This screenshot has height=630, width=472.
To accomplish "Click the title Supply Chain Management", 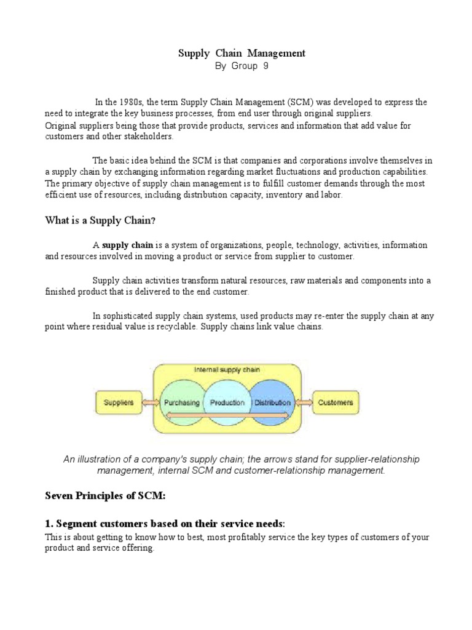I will pos(242,54).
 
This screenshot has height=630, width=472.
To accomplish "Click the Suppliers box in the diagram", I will pos(119,403).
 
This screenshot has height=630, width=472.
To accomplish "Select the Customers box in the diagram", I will pos(336,403).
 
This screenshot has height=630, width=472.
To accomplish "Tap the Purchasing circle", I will pos(181,403).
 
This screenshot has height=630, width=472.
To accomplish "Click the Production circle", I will pos(227,403).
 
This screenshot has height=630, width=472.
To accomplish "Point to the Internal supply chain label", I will pos(227,371).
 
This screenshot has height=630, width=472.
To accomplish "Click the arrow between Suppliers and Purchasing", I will pos(151,404).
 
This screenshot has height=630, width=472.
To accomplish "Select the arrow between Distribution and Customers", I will pos(304,404).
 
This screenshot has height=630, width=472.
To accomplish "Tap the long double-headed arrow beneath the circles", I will pos(227,417).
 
